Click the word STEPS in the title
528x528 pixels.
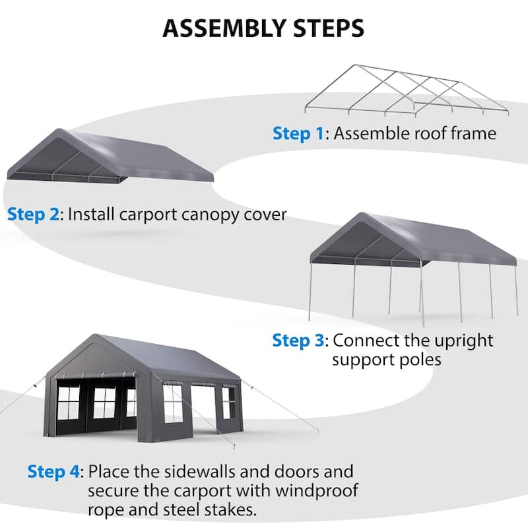pos(324,29)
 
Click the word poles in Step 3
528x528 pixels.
pos(422,360)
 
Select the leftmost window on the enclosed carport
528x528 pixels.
pos(69,403)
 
